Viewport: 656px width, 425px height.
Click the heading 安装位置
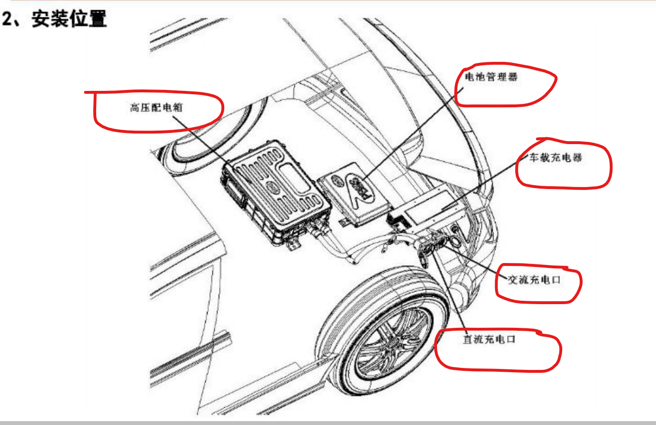coord(69,18)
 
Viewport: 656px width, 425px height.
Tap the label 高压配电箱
coord(156,107)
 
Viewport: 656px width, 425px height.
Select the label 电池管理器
coord(492,77)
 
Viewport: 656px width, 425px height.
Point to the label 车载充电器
coord(555,158)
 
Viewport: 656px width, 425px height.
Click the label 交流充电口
coord(534,280)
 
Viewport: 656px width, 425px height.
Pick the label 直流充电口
coord(489,339)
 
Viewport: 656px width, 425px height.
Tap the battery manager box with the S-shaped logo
coord(354,193)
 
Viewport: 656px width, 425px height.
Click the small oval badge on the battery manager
coord(337,181)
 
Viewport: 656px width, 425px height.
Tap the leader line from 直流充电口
coord(449,294)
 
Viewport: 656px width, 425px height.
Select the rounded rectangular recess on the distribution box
coord(294,178)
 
